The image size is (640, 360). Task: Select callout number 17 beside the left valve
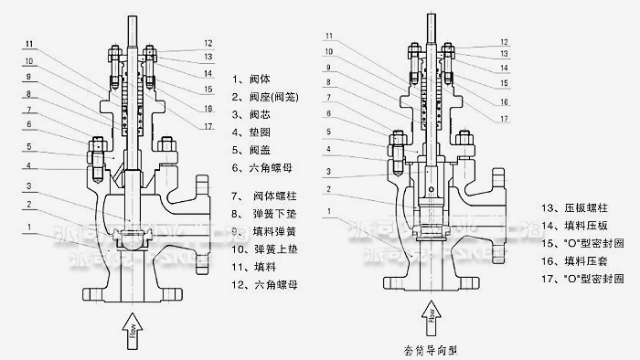point(208,126)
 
